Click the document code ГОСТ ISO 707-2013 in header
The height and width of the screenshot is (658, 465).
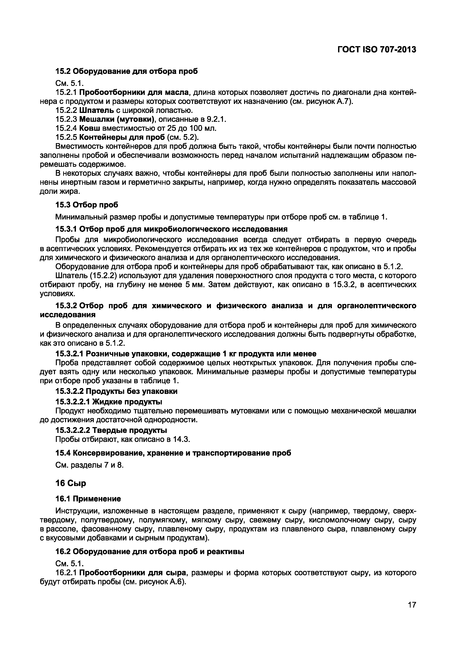[x=376, y=50]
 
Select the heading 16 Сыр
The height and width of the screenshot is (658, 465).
[x=70, y=483]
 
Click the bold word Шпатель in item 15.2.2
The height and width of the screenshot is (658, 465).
[x=93, y=110]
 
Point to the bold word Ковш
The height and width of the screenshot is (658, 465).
[x=88, y=128]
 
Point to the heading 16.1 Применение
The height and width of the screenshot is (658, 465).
[x=88, y=499]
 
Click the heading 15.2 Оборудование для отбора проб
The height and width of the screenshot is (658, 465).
[x=126, y=71]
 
